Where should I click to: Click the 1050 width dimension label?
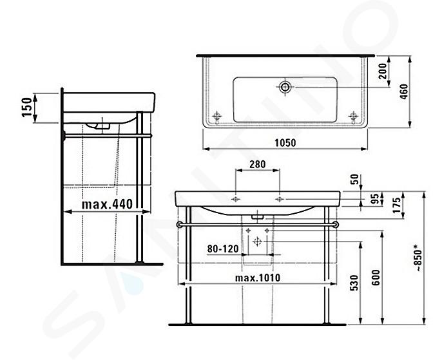click(285, 143)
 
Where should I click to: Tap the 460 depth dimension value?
click(404, 91)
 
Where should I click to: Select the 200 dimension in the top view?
click(382, 71)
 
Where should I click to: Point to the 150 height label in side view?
click(27, 107)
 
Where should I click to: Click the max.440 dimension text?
click(107, 204)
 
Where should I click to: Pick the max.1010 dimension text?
click(258, 278)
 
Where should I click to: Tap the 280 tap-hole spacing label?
click(257, 164)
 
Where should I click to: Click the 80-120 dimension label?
click(223, 249)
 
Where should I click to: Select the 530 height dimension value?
click(354, 283)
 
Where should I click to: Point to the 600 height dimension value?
click(376, 278)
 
